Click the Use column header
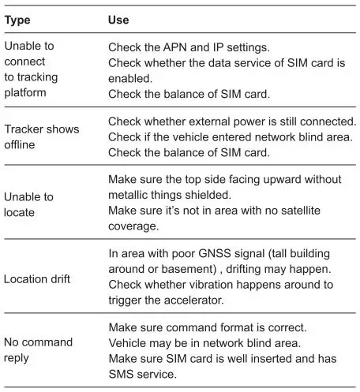(x=118, y=19)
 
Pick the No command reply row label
(x=39, y=349)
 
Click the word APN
(x=174, y=47)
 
